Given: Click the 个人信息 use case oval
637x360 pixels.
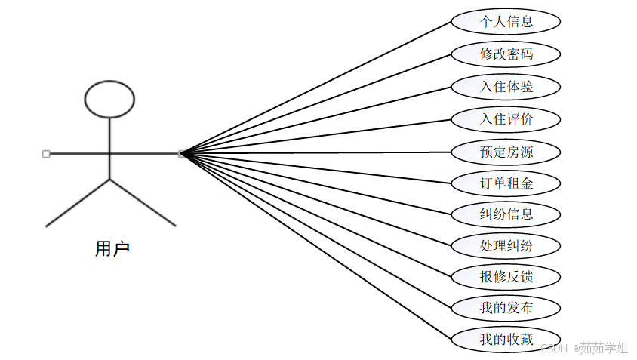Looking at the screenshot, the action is pos(506,22).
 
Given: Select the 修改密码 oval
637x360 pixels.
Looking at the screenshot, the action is pos(506,54).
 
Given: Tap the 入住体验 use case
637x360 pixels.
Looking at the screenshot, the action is pos(506,87).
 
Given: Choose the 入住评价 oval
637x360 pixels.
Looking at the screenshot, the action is pos(506,119).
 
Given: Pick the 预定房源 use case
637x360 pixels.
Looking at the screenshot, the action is pos(506,152).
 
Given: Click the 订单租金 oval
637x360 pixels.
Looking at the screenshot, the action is pos(506,183).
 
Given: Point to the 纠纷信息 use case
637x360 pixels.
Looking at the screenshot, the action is pos(506,214).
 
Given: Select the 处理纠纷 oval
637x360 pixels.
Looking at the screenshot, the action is pos(506,245).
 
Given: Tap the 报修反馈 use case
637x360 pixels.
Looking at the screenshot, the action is pos(506,277).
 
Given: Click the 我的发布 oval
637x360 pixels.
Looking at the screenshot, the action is pos(506,308).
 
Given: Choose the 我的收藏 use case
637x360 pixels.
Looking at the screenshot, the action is pos(506,339).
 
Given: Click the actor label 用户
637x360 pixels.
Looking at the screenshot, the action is pos(112,249).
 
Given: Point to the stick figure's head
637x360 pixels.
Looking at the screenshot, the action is pos(109,99).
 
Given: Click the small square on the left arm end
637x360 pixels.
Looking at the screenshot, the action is pos(46,154).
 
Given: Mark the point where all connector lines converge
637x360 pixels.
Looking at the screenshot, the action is pos(182,154).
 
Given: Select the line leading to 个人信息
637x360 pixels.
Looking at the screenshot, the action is pos(317,86).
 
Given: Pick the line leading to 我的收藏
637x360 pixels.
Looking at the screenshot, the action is pos(317,247).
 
